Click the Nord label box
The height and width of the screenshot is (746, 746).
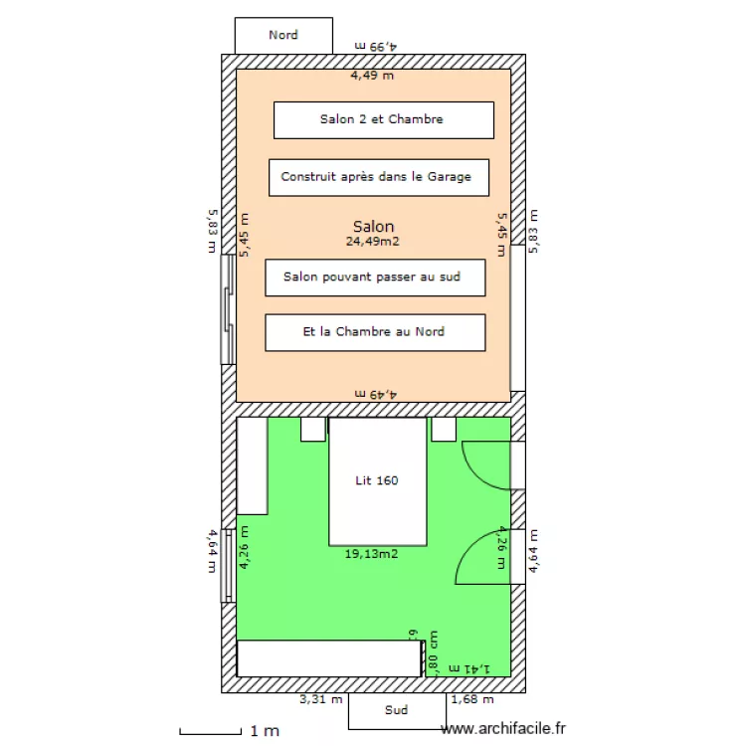[x=282, y=35]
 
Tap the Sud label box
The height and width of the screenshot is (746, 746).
[x=397, y=710]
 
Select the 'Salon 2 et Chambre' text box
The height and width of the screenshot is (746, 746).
[x=383, y=119]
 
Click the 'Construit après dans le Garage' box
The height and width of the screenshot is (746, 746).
[x=379, y=177]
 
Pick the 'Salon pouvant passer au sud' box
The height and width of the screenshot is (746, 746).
[x=375, y=277]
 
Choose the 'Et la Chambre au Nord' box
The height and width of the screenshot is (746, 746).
[x=375, y=332]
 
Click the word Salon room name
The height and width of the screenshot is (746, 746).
[x=373, y=227]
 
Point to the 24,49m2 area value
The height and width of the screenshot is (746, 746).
[x=373, y=241]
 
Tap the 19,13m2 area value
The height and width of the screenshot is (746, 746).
[x=371, y=554]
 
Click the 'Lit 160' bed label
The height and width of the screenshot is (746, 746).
[x=377, y=480]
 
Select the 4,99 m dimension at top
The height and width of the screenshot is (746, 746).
[x=376, y=46]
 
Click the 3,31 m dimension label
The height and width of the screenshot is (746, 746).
[x=321, y=699]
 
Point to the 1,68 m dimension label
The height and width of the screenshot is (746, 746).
[x=471, y=699]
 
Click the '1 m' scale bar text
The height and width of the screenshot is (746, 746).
[x=264, y=731]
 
